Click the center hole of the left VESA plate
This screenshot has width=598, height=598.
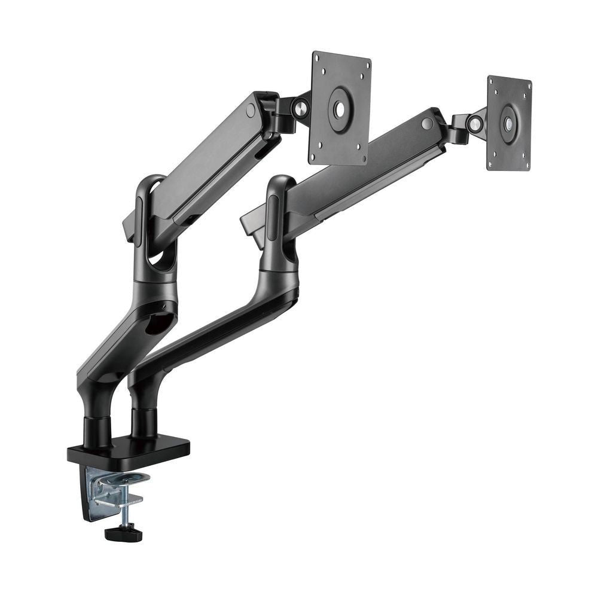339,109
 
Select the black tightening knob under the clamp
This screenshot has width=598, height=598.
123,533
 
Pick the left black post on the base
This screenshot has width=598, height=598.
97,432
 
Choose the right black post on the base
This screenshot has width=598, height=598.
144,422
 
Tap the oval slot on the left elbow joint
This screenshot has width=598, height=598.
140,221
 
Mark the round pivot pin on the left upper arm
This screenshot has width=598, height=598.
251,111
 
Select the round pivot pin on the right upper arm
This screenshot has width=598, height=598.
426,124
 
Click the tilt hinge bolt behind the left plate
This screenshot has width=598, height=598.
301,108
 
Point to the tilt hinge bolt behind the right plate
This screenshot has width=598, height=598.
475,124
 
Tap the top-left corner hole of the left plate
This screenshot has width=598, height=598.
318,59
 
